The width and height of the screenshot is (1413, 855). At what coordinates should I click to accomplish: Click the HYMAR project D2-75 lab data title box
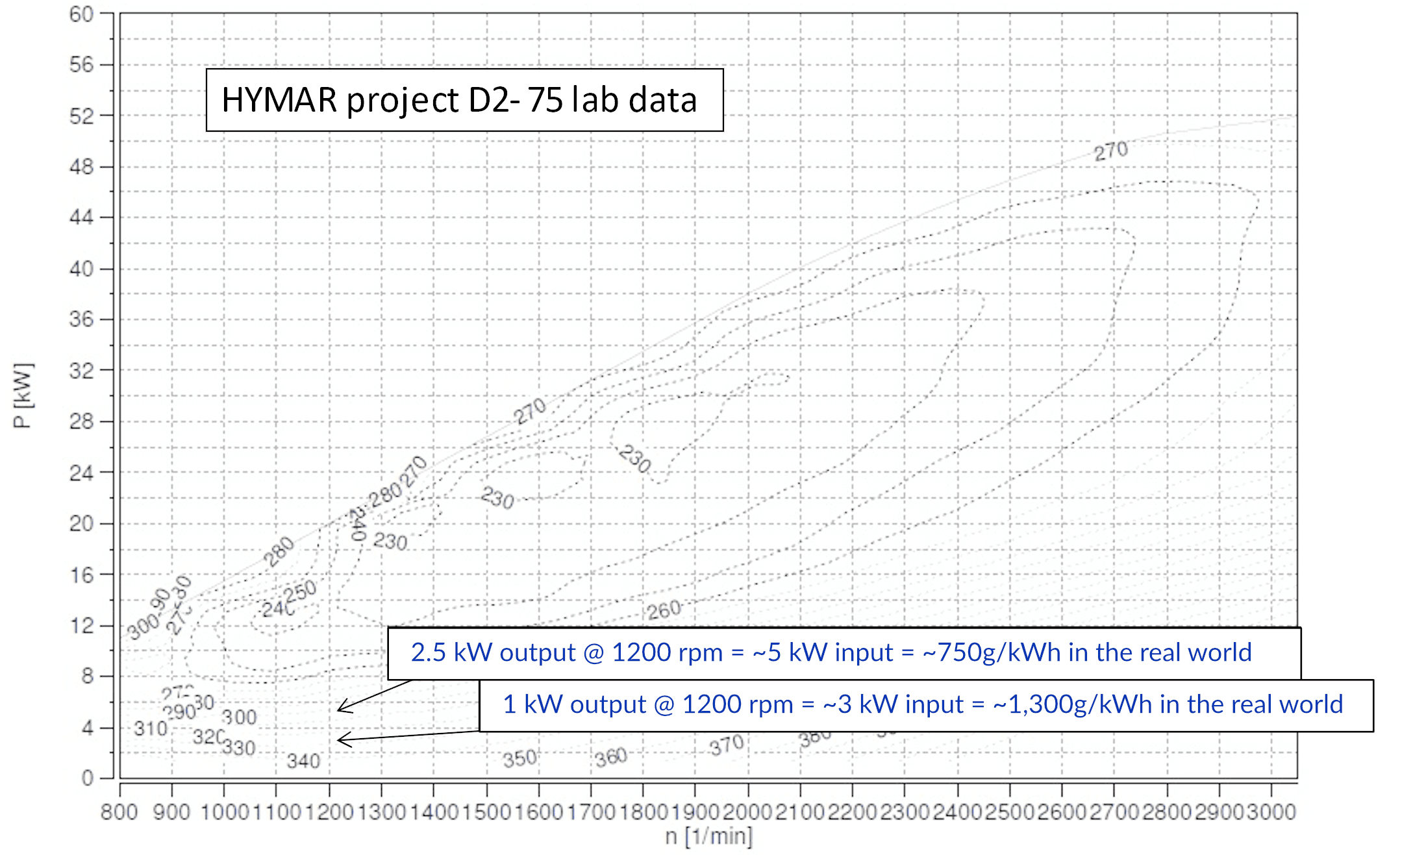pos(464,100)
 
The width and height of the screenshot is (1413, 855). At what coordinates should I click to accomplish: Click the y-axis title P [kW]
pos(22,395)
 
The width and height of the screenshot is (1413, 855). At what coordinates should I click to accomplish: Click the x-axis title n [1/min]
pos(708,836)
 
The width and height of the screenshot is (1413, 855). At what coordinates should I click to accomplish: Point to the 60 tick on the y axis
pos(82,14)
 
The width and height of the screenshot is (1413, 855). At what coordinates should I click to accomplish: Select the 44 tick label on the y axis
pos(82,217)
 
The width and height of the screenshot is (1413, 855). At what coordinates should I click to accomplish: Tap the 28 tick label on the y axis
pos(82,421)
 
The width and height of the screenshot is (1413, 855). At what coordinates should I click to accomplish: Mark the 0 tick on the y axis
pos(88,778)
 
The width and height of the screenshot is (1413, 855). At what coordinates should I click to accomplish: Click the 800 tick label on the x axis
pos(119,812)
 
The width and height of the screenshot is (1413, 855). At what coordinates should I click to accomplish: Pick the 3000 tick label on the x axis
pos(1271,812)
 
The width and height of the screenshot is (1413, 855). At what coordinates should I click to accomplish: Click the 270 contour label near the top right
pos(1110,151)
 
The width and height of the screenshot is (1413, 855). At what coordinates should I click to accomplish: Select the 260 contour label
pos(664,610)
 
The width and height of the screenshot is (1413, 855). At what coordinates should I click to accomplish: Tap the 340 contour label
pos(304,761)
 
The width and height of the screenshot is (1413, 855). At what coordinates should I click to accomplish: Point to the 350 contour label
pos(519,758)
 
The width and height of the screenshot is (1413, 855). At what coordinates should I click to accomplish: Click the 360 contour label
pos(611,757)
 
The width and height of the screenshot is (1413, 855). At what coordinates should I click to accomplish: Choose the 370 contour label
pos(726,745)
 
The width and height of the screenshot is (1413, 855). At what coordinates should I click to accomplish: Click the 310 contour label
pos(151,729)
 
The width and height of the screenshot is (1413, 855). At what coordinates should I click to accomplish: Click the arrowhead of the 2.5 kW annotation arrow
pos(340,709)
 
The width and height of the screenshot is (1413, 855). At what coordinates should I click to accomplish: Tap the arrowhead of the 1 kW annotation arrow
pos(340,739)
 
